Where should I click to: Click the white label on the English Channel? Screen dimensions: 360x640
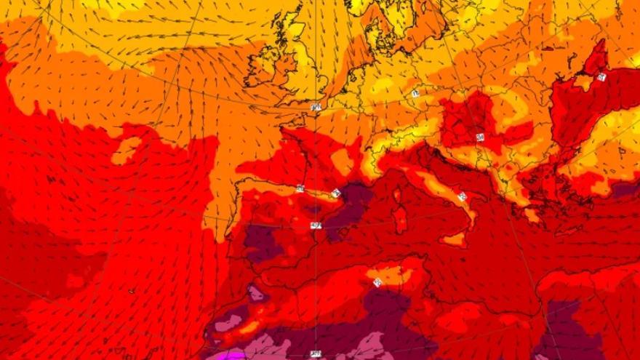point(316,107)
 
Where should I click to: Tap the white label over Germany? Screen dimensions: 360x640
point(415,94)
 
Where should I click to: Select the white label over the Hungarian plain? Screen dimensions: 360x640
point(480,137)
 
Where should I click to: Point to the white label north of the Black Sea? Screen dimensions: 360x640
point(601,76)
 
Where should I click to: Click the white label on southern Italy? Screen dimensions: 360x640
point(462,196)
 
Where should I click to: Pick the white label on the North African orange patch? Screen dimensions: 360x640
point(377,281)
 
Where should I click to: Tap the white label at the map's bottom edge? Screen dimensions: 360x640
point(315,354)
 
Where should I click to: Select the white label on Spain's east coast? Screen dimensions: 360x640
point(315,225)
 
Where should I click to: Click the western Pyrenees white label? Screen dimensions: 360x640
point(300,188)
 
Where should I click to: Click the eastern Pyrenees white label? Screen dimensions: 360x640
point(335,193)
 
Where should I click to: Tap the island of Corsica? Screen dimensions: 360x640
point(397,195)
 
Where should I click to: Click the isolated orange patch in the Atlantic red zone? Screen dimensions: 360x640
point(126,150)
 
